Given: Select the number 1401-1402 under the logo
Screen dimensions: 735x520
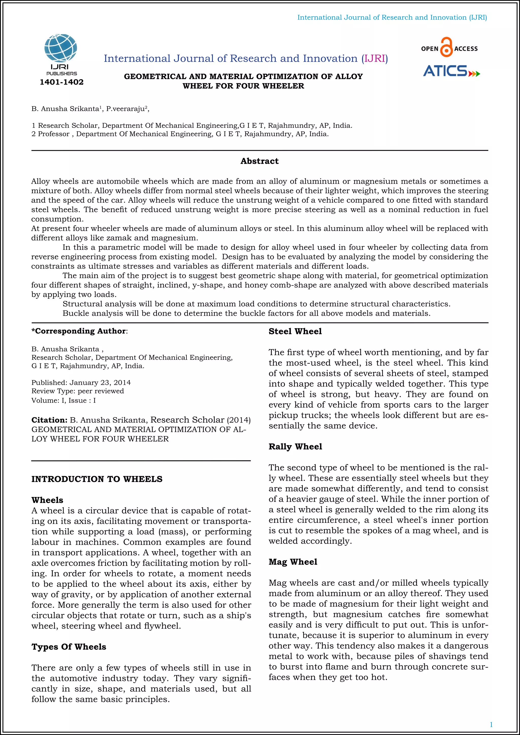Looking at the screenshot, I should coord(61,82).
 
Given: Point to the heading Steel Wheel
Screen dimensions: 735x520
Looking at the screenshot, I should coord(295,331).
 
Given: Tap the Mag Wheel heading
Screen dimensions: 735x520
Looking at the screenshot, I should coord(293,562).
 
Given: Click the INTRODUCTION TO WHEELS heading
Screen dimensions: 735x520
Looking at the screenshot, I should coord(97,479).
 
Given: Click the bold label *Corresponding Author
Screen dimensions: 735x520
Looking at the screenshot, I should coord(79,331).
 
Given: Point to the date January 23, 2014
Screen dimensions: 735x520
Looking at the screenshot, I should coord(100,382).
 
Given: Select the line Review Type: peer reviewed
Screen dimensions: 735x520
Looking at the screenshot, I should coord(77,391).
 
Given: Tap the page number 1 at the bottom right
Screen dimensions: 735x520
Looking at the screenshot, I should coord(491,724).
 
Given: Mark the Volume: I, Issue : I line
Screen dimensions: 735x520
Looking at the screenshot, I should coord(63,400).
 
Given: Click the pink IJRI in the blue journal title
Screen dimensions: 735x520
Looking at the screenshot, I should coord(375,59).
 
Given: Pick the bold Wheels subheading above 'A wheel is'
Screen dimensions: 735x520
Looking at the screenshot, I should coord(47,500).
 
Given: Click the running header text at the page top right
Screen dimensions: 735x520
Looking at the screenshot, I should coord(392,17).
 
